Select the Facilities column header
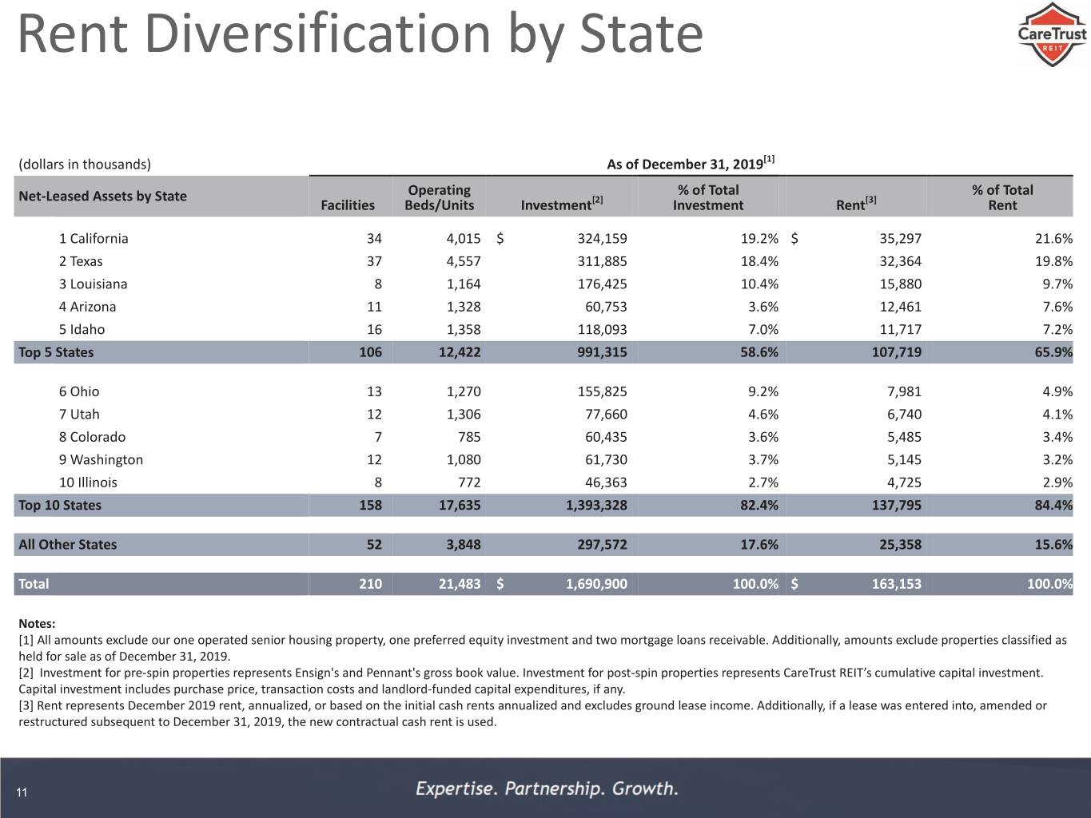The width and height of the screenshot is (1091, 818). coord(348,205)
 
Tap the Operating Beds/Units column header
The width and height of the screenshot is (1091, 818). coord(440,197)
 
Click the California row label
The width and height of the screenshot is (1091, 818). coord(94,238)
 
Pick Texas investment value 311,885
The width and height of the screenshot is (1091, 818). coord(602,261)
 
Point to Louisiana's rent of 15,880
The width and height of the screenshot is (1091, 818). coord(900,284)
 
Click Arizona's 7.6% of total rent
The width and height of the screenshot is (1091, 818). coord(1057,307)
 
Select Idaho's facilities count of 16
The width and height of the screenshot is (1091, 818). coord(374,330)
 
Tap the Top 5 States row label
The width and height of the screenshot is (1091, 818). coord(56,352)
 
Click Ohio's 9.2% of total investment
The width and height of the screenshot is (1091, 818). coord(763,391)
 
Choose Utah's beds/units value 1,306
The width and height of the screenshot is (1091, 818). coord(464,415)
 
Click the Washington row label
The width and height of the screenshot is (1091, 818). coord(101,460)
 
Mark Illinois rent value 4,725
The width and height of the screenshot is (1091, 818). coord(904,482)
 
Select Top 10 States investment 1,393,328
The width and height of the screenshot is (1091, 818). coord(596,505)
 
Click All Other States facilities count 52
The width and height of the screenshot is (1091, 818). coord(374,544)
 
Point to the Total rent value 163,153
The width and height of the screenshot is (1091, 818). coord(897,584)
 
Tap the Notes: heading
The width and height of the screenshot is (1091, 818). coord(37,623)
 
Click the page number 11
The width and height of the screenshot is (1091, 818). coord(22,792)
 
